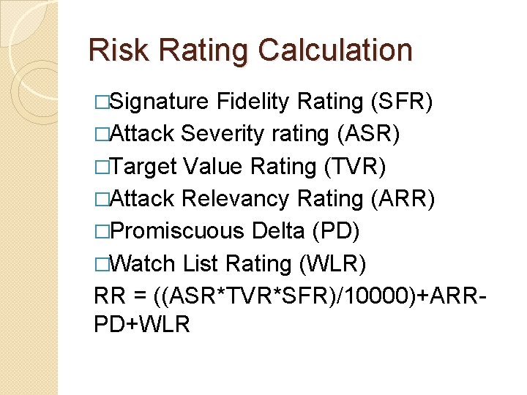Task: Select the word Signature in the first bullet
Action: tap(160, 102)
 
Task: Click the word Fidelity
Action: tap(253, 102)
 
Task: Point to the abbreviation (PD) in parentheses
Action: tap(335, 231)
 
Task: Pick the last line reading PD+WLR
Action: tap(142, 324)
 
